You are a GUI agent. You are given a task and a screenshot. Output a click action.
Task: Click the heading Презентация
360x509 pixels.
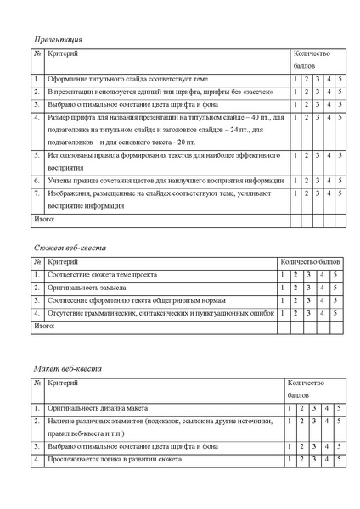pos(58,39)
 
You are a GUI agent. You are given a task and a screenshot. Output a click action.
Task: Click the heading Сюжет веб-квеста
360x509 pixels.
pos(70,247)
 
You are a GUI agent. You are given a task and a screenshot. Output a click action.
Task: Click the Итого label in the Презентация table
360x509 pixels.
pos(44,219)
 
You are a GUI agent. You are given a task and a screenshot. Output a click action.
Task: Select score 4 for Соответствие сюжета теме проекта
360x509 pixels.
pos(322,276)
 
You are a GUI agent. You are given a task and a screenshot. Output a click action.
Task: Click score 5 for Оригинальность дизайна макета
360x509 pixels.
pos(339,409)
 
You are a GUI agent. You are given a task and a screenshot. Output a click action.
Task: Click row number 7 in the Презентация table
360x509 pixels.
pos(37,194)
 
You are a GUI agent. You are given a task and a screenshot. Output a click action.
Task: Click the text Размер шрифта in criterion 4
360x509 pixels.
pos(72,117)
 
